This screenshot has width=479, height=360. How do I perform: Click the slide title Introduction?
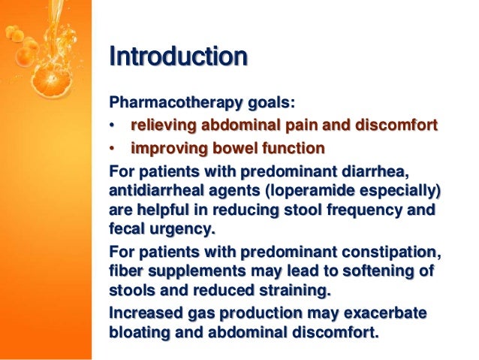tap(178, 56)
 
